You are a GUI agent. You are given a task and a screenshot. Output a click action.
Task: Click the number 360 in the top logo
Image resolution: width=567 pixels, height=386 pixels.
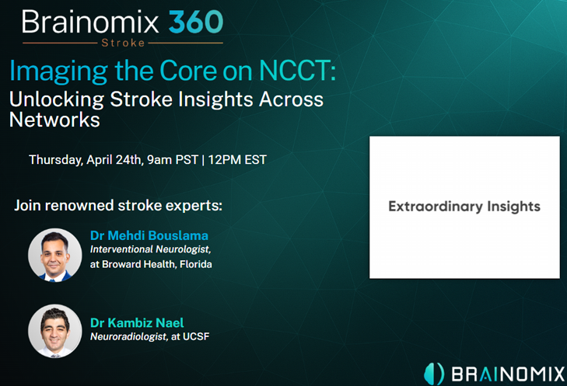click(x=196, y=22)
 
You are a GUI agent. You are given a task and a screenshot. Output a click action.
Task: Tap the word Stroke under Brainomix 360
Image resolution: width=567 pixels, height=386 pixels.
click(x=123, y=43)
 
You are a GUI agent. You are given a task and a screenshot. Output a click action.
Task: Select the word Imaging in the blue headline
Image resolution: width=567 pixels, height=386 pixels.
click(x=58, y=72)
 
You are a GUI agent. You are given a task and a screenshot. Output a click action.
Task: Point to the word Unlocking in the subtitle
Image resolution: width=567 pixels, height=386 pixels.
click(x=57, y=100)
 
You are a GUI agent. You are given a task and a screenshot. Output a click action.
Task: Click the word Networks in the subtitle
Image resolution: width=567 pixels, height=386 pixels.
click(x=54, y=120)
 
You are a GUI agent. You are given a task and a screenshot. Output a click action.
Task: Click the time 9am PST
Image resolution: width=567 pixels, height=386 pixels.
click(x=173, y=159)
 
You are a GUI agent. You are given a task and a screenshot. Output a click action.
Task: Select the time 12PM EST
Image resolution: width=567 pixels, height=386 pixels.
click(x=237, y=159)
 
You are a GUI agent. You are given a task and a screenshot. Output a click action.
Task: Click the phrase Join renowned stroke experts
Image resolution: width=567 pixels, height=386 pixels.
click(x=118, y=206)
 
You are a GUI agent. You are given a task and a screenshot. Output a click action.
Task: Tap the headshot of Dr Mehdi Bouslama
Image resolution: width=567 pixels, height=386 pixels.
click(x=55, y=255)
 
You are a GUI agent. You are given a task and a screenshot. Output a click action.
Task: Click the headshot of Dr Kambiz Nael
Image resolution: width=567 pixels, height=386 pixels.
click(x=55, y=331)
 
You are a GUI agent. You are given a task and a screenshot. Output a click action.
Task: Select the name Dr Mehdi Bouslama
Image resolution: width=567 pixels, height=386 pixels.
click(x=149, y=235)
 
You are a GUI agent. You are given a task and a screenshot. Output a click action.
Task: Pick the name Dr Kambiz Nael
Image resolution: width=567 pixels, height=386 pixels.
click(x=137, y=322)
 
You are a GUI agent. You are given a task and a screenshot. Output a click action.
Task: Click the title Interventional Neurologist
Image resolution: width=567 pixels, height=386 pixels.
click(x=150, y=249)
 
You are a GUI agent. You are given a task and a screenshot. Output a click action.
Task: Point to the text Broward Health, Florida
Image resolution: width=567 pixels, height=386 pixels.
click(x=157, y=264)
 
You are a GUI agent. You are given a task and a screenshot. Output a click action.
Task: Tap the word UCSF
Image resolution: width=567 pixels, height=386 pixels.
click(x=196, y=336)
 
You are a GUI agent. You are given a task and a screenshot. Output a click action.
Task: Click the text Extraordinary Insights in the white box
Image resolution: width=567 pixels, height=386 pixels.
click(x=464, y=207)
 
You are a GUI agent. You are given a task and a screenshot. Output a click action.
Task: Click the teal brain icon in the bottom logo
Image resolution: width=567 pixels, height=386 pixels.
click(x=434, y=374)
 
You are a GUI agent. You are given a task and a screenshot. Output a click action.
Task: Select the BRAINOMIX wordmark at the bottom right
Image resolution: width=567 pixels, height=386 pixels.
click(x=508, y=374)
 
